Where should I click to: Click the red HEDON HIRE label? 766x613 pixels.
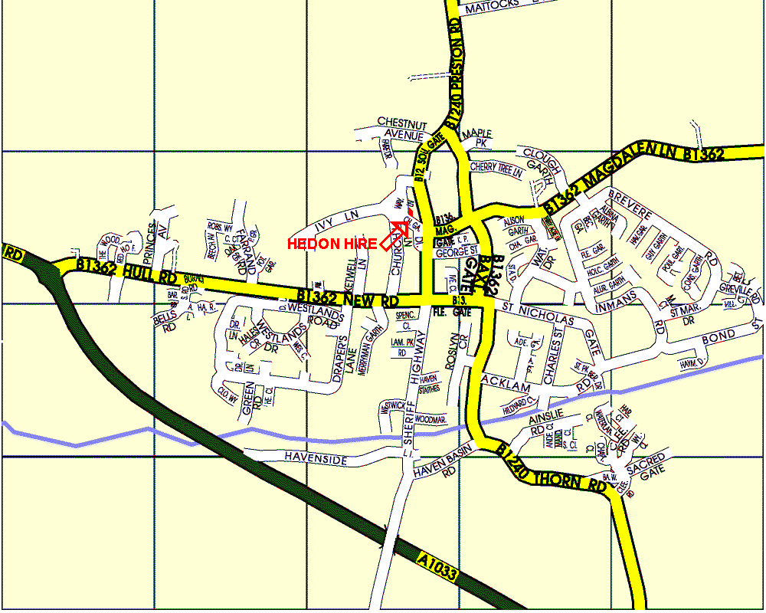(x=332, y=244)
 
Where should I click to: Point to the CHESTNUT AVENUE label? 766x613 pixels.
(x=401, y=129)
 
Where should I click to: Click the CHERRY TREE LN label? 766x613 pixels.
(x=496, y=169)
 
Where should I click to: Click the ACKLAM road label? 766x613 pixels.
(x=506, y=379)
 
